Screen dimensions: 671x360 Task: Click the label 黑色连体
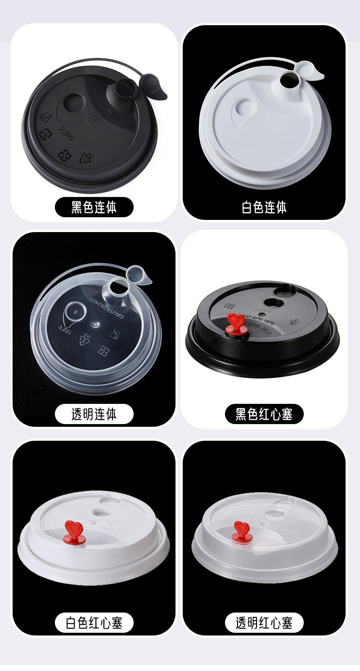[94, 207]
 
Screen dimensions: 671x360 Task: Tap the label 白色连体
[264, 207]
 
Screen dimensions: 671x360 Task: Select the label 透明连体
[94, 414]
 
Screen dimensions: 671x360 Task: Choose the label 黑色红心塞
[264, 414]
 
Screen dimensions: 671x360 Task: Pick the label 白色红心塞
[94, 623]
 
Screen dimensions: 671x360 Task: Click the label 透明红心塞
[264, 623]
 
